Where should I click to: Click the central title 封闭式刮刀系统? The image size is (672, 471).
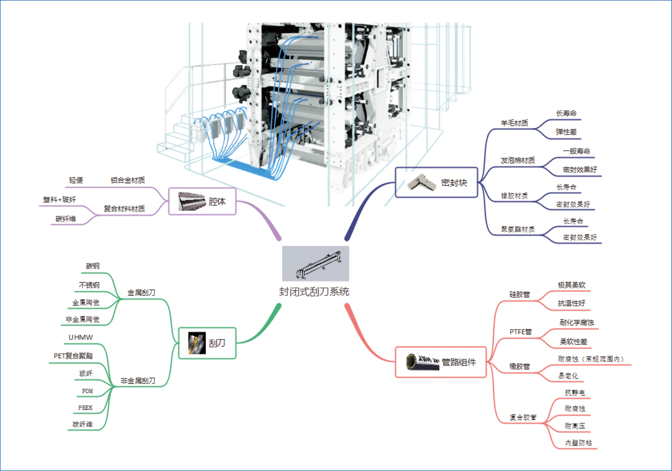(314, 292)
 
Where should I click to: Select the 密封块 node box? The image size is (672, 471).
(436, 182)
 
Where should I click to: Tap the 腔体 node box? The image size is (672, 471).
(202, 201)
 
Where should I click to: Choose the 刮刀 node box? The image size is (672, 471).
(207, 343)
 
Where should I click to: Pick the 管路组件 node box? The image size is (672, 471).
(441, 362)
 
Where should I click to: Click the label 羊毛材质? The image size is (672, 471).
(514, 123)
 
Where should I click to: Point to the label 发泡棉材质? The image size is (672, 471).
(518, 160)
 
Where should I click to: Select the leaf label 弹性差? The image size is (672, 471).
(566, 132)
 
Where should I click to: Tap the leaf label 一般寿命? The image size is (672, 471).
(576, 151)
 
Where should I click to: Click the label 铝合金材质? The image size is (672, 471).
(128, 180)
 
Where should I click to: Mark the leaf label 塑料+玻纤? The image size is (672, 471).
(60, 200)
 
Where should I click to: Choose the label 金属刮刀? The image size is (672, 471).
(141, 292)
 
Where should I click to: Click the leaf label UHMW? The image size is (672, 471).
(81, 337)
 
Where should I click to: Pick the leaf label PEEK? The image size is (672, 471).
(85, 408)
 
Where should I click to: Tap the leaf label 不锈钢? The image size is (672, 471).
(89, 285)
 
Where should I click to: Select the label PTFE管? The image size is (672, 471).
(520, 332)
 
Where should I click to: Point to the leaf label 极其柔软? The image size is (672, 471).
(571, 285)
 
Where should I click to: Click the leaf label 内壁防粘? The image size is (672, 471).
(578, 443)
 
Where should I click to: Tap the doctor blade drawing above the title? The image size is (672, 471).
(315, 263)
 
